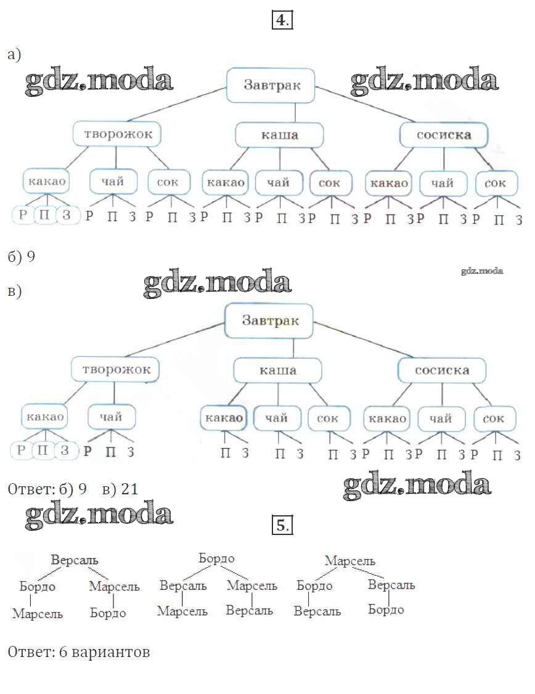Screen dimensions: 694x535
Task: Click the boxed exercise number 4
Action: point(281,20)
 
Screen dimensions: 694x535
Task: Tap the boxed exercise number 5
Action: point(281,526)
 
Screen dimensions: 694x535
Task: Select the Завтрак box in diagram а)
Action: point(271,85)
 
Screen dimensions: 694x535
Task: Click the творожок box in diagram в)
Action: point(115,370)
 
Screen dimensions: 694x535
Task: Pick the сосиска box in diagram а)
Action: point(443,134)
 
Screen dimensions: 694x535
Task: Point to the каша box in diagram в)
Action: point(277,370)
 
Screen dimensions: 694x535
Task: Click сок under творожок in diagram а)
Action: point(168,182)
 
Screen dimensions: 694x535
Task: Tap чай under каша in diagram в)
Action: point(277,418)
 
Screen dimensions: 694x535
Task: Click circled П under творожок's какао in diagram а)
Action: point(45,215)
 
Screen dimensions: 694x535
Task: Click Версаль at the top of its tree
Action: point(75,561)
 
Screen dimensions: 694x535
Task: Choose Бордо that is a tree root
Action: point(216,558)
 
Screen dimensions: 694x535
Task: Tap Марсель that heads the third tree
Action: point(349,561)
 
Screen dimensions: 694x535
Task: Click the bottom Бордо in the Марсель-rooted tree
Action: point(386,609)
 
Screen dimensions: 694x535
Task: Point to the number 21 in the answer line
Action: point(129,489)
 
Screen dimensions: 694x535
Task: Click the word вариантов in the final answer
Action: point(111,651)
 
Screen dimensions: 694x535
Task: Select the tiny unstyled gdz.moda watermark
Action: point(481,271)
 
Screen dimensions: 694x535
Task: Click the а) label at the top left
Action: point(14,55)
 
